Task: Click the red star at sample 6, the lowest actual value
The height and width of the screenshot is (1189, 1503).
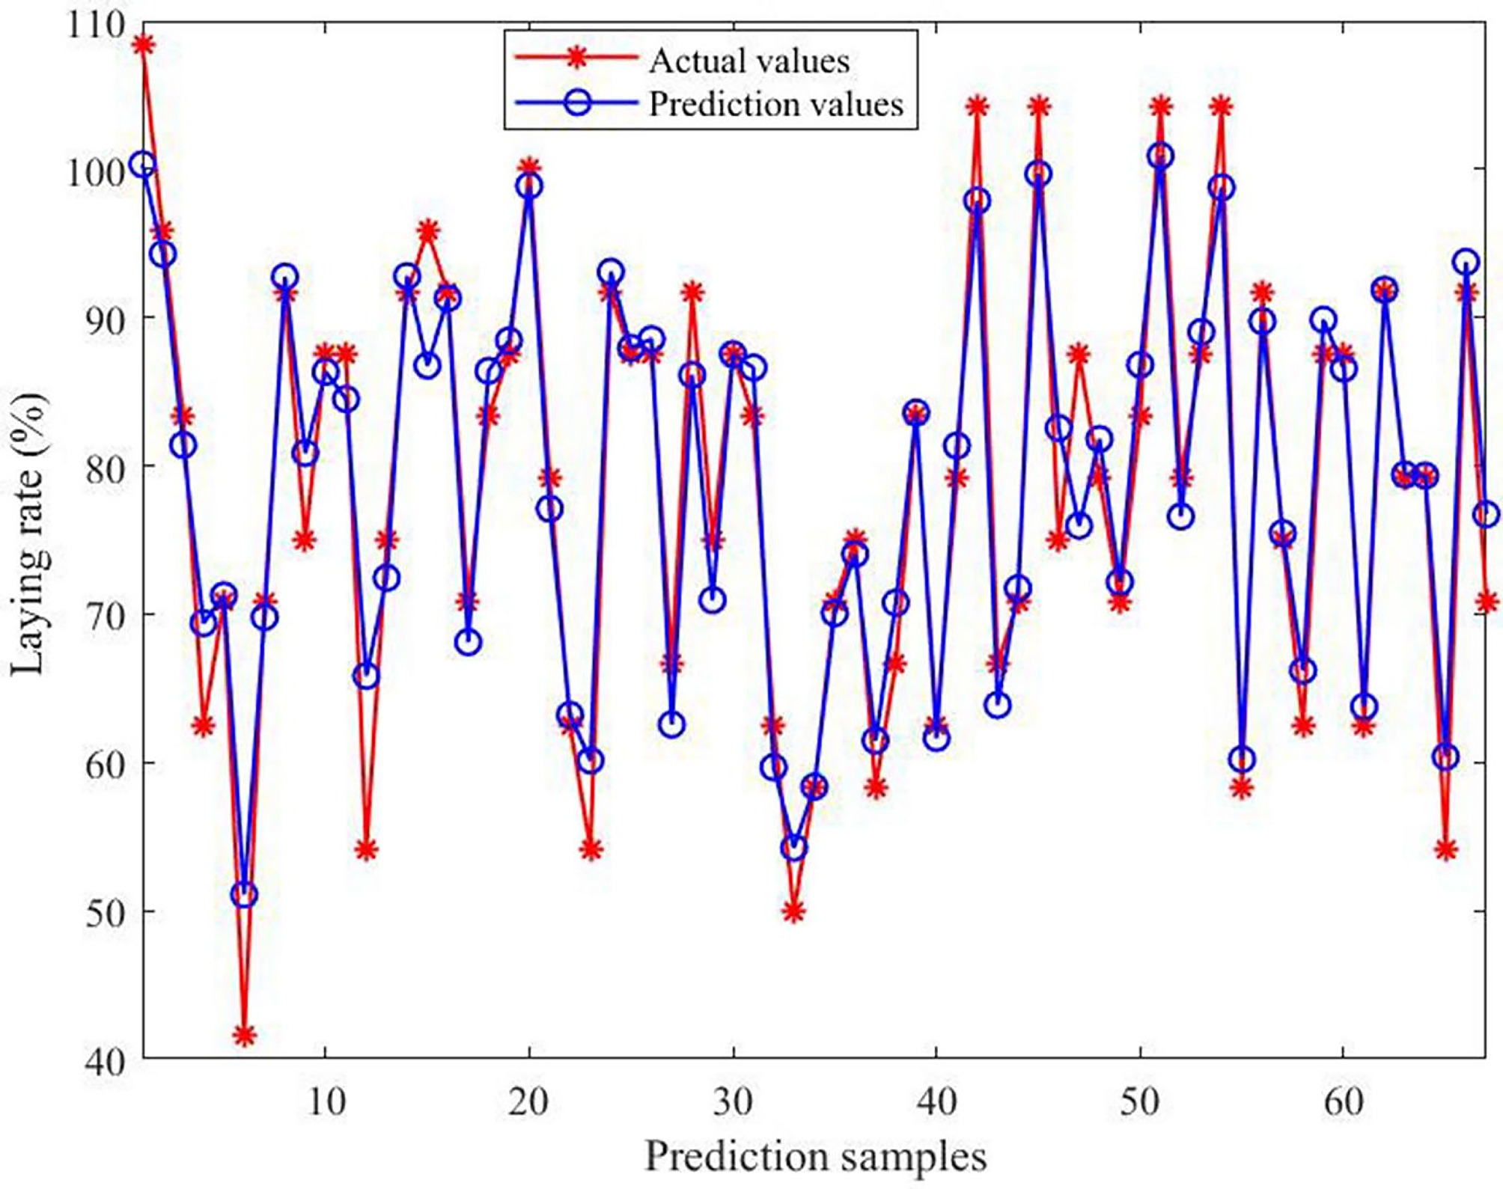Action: point(244,1036)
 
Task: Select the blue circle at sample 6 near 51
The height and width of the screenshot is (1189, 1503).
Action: point(244,894)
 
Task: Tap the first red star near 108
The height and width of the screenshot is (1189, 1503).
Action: point(143,45)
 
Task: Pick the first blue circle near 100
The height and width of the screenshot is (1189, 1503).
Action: point(142,165)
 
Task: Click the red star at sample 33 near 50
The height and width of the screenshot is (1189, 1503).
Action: point(794,912)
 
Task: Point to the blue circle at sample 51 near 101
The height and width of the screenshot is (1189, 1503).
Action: point(1160,156)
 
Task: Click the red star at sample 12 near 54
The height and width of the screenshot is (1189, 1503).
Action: point(366,850)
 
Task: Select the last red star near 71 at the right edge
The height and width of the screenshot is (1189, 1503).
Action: point(1487,601)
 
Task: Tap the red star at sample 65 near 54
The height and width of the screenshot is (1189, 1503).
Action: point(1446,850)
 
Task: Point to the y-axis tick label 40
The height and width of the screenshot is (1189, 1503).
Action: point(104,1060)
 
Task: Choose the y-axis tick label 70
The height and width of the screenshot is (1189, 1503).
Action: point(104,614)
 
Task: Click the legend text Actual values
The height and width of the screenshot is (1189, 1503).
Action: point(749,61)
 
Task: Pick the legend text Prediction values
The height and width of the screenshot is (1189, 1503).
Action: point(776,103)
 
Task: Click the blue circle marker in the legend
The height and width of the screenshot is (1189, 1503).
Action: point(577,102)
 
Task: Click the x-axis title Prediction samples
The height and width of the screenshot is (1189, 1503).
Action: point(815,1157)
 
